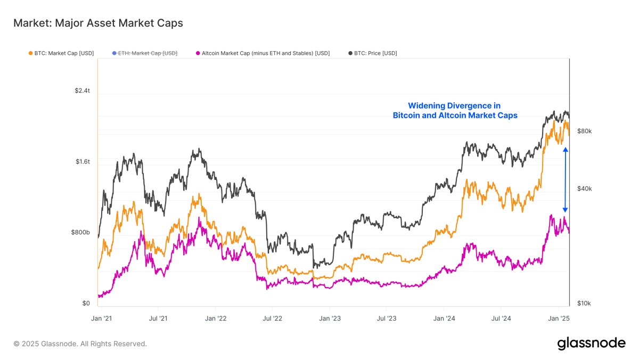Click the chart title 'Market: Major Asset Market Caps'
click(98, 23)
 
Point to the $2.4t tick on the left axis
click(82, 91)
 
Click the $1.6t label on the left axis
click(82, 161)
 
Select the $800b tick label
click(80, 233)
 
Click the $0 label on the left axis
click(86, 304)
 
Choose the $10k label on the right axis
click(585, 304)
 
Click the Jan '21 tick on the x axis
click(101, 318)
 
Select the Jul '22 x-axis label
click(272, 318)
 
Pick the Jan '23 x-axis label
click(330, 318)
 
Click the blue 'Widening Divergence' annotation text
click(455, 111)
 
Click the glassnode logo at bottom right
click(591, 343)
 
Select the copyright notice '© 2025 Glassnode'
click(80, 344)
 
